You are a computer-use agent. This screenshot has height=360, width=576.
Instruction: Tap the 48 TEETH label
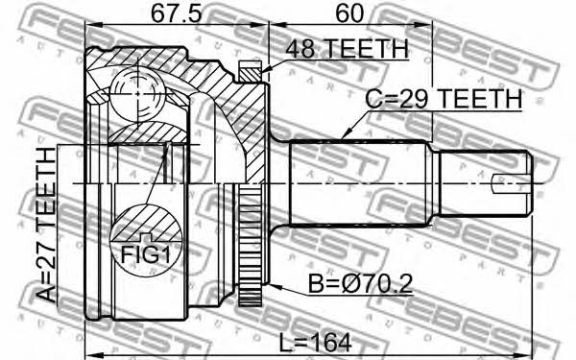pos(348,48)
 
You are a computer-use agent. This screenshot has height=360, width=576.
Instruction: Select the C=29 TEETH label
pos(444,99)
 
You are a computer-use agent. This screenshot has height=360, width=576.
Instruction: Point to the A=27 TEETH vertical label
pos(46,225)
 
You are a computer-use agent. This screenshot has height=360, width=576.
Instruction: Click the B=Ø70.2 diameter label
pos(360,283)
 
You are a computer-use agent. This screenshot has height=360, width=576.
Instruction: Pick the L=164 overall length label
pos(316,343)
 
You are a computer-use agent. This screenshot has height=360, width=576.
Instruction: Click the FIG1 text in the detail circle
pos(146,254)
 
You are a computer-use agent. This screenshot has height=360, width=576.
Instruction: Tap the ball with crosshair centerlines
pos(137,94)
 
